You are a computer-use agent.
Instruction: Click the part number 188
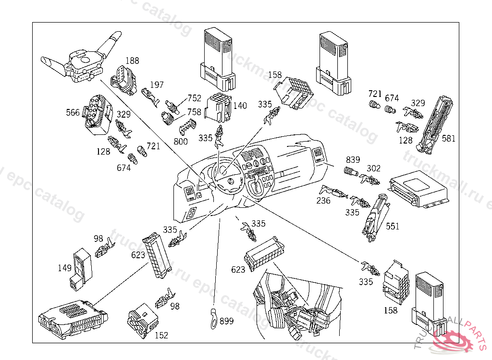pos(133,60)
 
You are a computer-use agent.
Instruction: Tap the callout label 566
pos(73,113)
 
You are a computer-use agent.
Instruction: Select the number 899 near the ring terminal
pos(226,321)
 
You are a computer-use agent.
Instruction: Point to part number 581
pos(449,139)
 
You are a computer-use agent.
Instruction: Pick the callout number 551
pos(393,226)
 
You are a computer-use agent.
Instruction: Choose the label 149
pos(65,268)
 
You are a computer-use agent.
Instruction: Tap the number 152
pos(161,336)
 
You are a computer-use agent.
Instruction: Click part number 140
pos(240,106)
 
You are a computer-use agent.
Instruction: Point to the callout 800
pos(181,142)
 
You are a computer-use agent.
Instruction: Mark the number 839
pos(353,159)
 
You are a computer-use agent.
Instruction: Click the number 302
pos(373,168)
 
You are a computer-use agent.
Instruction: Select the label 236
pos(323,201)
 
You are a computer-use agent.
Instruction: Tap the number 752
pos(195,98)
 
